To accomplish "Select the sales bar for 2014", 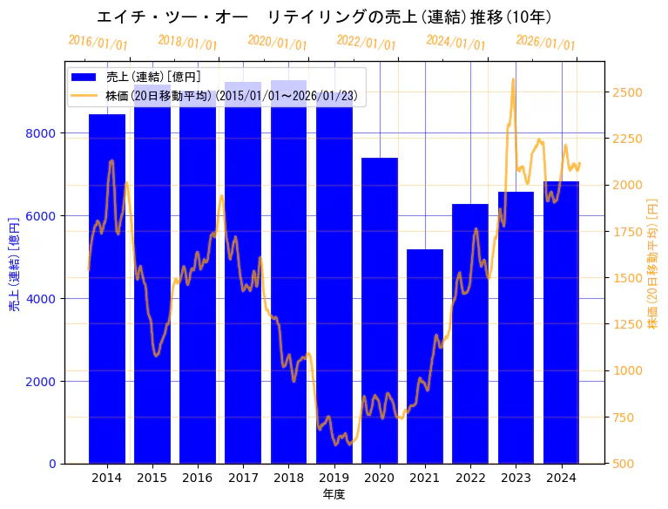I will pyautogui.click(x=107, y=288).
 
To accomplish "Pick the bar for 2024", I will pyautogui.click(x=562, y=322).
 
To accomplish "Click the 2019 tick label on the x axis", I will pyautogui.click(x=334, y=478).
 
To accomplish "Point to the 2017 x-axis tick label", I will pyautogui.click(x=243, y=478).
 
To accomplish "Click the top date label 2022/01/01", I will pyautogui.click(x=367, y=43).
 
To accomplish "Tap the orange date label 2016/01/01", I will pyautogui.click(x=98, y=43).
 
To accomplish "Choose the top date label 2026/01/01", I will pyautogui.click(x=545, y=43).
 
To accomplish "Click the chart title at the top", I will pyautogui.click(x=324, y=17).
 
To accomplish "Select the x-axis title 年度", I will pyautogui.click(x=334, y=494).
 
